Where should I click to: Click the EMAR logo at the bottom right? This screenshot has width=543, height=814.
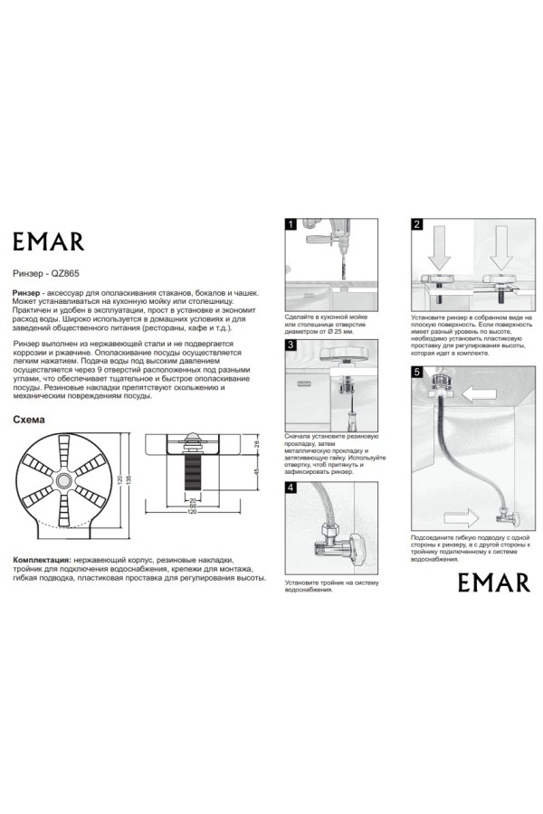point(492,582)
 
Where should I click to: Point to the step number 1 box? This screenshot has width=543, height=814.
point(291,224)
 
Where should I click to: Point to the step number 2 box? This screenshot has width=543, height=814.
point(416,224)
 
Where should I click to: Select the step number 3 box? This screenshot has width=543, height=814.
point(291,345)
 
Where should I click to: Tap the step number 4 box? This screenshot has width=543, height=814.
point(291,487)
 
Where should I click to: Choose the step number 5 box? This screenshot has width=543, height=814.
point(416,371)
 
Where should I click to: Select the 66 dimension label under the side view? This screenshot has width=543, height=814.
point(193,506)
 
